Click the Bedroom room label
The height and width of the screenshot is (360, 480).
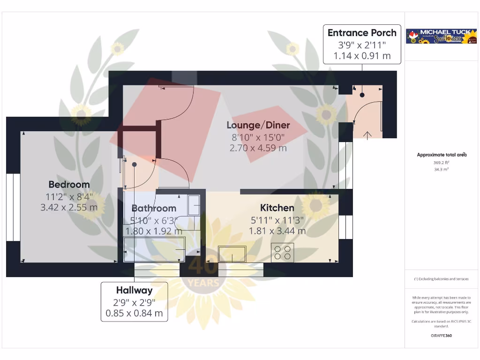pos(69,184)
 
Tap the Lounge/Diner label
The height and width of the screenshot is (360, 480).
pos(258,125)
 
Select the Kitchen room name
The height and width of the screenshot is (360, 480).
pos(277,208)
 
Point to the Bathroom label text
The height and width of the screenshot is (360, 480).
pos(154,208)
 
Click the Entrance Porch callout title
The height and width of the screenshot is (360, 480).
pos(362,33)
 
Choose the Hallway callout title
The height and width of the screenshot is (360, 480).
pos(134,290)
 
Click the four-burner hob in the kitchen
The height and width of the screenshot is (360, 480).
pos(283,253)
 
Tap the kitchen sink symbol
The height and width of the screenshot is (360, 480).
pos(232,254)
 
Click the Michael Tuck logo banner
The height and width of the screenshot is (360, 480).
pos(441,37)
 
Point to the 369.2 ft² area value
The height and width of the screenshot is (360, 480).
pos(441,163)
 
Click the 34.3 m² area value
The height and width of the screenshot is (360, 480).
pos(441,169)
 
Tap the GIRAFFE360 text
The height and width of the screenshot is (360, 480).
pos(441,336)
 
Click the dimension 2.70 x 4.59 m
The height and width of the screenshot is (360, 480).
pos(258,148)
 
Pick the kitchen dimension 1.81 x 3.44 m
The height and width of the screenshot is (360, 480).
pos(277,231)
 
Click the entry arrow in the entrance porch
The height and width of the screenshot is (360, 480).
pos(367,135)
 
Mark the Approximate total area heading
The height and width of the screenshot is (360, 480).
pos(441,155)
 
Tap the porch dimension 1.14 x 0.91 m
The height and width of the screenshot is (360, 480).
pos(362,56)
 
